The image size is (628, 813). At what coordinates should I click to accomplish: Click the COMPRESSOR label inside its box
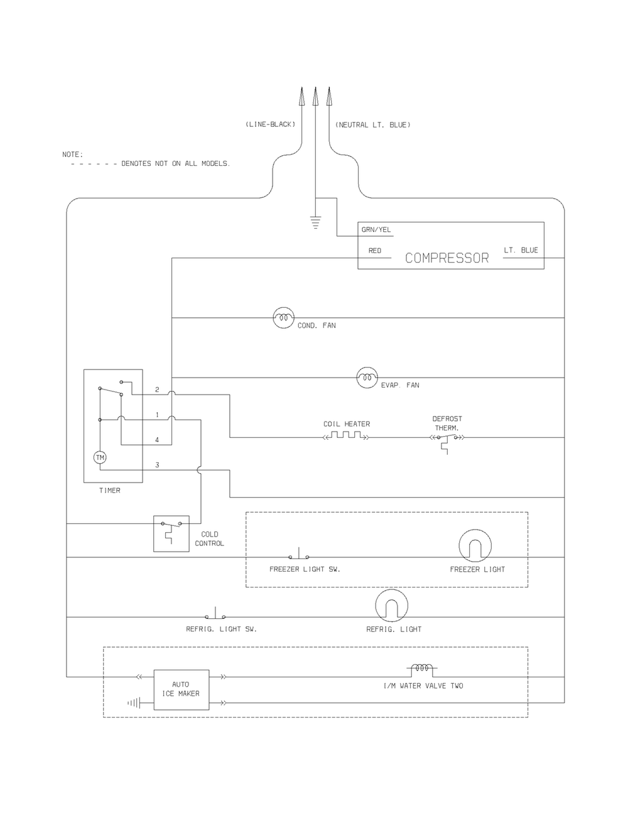tap(447, 258)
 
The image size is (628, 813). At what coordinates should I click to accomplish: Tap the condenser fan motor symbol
tap(284, 318)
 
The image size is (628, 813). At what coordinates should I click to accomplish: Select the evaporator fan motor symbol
tap(367, 378)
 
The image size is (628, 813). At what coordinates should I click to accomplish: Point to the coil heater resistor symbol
tap(346, 435)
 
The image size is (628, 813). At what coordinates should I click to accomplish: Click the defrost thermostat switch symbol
tap(447, 442)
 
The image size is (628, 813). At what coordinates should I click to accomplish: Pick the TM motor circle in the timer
tap(100, 457)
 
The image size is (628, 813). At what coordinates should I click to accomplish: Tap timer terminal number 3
tap(158, 465)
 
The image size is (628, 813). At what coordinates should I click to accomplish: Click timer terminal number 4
tap(157, 440)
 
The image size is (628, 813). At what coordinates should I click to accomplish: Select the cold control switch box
tap(171, 533)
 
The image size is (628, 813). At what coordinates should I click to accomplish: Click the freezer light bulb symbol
tap(475, 545)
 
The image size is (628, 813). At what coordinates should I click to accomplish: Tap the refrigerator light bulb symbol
tap(391, 606)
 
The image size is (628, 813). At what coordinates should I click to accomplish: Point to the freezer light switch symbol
tap(299, 554)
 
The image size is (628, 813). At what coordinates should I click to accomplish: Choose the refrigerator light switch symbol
tap(215, 613)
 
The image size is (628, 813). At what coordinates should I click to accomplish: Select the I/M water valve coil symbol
tap(422, 669)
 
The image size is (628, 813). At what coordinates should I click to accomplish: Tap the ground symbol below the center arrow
tap(315, 222)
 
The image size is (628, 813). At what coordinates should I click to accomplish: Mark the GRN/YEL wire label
tap(376, 230)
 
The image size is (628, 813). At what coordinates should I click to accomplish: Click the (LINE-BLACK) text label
tap(270, 124)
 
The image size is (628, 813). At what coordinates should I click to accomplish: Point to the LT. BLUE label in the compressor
tap(521, 250)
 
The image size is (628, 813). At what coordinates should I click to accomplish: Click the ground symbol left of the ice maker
tap(134, 703)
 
